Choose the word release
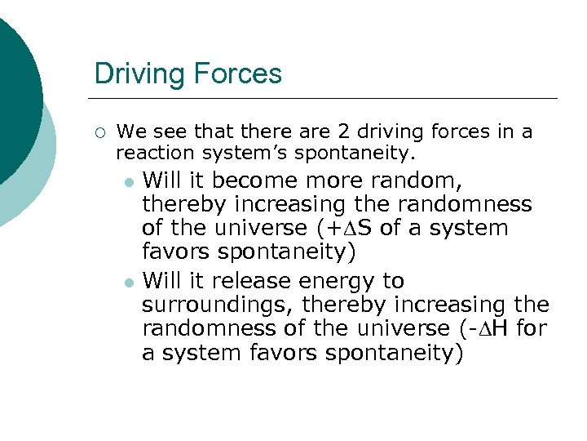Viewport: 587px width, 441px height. tap(252, 281)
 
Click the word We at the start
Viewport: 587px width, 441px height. tap(130, 131)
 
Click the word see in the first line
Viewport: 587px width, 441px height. tap(166, 131)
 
